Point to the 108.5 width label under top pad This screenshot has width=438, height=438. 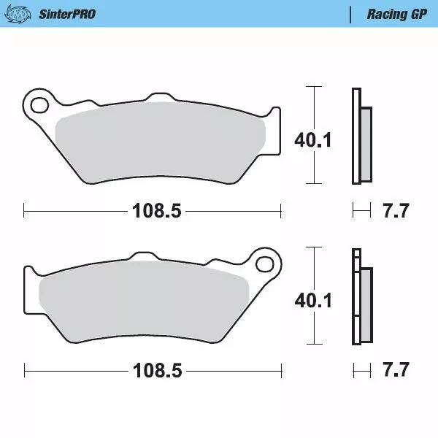pos(156,212)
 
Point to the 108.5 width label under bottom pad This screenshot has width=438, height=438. pos(156,371)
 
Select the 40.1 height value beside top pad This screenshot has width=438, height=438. pos(312,139)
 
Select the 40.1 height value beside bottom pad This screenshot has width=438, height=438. pos(312,299)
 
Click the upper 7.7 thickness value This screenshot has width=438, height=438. pos(396,212)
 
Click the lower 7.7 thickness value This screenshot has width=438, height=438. pos(396,371)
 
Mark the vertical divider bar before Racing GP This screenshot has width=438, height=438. pos(353,14)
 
